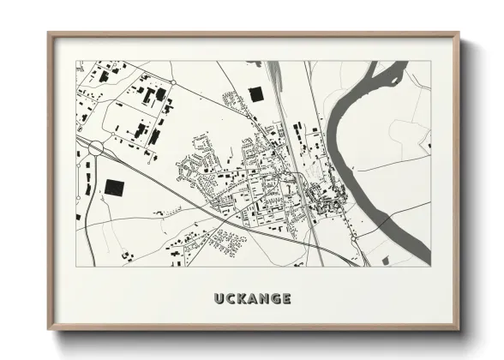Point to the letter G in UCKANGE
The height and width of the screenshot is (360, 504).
[277, 299]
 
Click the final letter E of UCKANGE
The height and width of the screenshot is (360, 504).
[287, 299]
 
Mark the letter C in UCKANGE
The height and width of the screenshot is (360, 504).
[227, 299]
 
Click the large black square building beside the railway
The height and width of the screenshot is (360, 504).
[255, 95]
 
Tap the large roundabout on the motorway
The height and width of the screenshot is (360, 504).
[95, 148]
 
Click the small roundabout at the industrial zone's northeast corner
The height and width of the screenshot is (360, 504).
[172, 81]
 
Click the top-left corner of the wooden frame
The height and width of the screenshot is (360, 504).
[48, 33]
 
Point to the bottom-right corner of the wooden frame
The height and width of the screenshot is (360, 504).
[459, 331]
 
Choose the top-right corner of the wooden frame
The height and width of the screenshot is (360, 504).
[459, 33]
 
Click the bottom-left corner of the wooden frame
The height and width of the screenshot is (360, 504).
[48, 331]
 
